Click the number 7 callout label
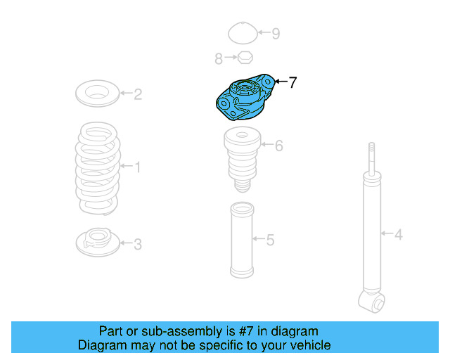[292, 82]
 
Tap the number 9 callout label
[276, 33]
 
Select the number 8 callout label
[219, 58]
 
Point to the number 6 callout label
[278, 146]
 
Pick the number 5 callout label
[270, 240]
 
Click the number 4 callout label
[398, 234]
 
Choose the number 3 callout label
[138, 245]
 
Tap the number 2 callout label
[138, 94]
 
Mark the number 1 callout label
[138, 167]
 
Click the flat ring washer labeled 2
[97, 93]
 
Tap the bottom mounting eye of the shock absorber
[373, 302]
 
